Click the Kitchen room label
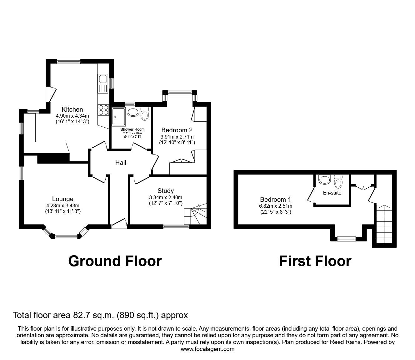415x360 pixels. click(x=72, y=109)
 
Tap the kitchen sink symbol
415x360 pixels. click(x=102, y=84)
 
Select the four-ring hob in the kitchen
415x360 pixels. click(x=103, y=109)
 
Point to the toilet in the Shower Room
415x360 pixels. click(x=145, y=114)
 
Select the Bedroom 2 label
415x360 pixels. click(x=177, y=130)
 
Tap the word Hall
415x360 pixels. click(x=121, y=163)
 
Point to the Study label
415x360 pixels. click(x=165, y=191)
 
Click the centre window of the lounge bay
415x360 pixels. click(x=66, y=236)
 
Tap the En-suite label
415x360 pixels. click(x=332, y=193)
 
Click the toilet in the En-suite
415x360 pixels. click(x=338, y=181)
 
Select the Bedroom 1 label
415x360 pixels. click(x=273, y=200)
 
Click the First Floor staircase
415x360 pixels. click(x=383, y=224)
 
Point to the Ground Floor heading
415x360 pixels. click(x=115, y=261)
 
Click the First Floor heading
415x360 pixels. click(x=315, y=261)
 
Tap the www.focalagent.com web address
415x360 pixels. click(x=207, y=349)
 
